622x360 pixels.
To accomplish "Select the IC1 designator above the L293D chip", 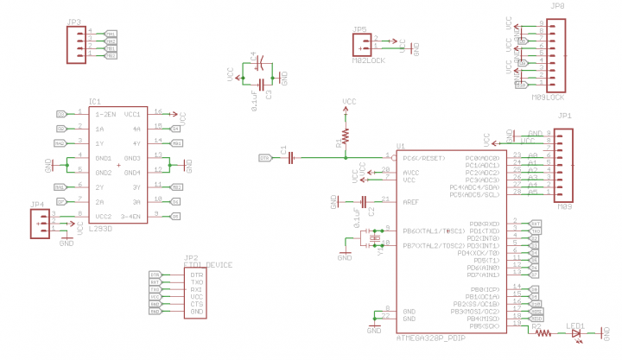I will pos(95,102).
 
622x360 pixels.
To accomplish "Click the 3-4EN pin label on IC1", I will pos(130,215).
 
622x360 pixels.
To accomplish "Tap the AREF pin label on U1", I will pos(411,202).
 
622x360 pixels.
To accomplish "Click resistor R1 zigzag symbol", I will pos(347,136).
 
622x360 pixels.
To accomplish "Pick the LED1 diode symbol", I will pos(576,332).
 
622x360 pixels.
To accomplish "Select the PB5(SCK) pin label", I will pos(483,326).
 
